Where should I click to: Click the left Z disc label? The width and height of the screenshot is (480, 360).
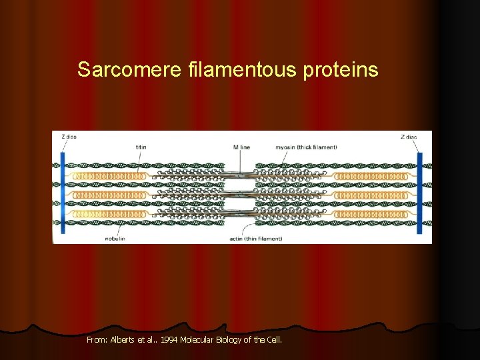[69, 137]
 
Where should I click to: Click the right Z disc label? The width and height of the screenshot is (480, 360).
[409, 137]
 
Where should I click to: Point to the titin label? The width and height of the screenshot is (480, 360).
[141, 147]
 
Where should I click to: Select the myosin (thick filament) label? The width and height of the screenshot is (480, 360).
[306, 147]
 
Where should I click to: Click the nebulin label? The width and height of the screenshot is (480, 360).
[115, 237]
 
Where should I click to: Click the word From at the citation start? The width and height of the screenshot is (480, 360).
[95, 340]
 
